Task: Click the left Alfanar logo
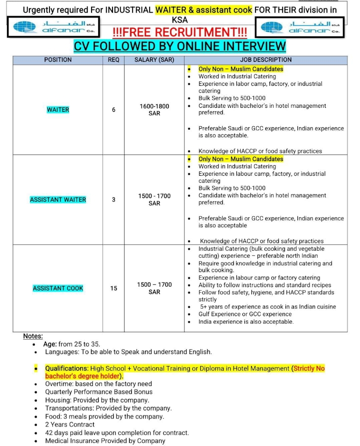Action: tap(53, 27)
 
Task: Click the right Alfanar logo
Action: tap(300, 27)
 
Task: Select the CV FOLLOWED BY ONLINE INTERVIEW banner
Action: tap(180, 46)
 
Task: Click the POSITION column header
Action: tap(58, 59)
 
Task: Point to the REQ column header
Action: tap(113, 59)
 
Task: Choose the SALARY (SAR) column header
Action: tap(154, 59)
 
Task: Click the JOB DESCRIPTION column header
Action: tap(266, 59)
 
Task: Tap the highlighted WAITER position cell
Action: tap(58, 110)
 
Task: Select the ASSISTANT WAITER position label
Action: tap(58, 200)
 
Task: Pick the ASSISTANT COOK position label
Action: tap(58, 288)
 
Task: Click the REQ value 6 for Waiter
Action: tap(113, 110)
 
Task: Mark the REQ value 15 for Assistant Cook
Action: tap(113, 288)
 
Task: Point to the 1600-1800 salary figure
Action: tap(154, 106)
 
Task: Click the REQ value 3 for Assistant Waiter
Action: tap(113, 200)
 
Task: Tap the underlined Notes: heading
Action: tap(33, 336)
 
